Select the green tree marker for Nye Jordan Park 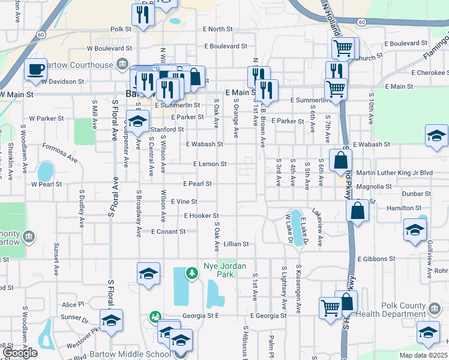pyautogui.click(x=191, y=274)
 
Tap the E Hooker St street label pyautogui.click(x=201, y=215)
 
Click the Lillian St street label pyautogui.click(x=236, y=244)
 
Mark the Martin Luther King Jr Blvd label pyautogui.click(x=394, y=173)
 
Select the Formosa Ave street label pyautogui.click(x=61, y=153)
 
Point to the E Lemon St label pyautogui.click(x=209, y=164)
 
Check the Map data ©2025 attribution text pyautogui.click(x=425, y=355)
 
